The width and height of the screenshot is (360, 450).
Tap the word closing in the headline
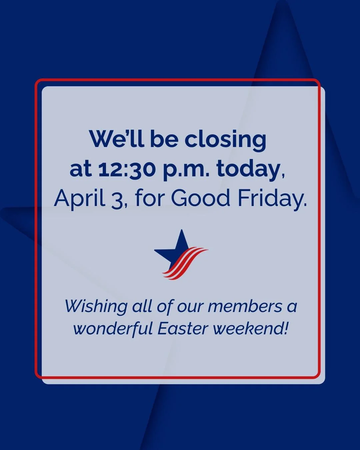click(225, 140)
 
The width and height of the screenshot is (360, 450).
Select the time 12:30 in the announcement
click(127, 169)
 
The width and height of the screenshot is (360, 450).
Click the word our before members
click(190, 306)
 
